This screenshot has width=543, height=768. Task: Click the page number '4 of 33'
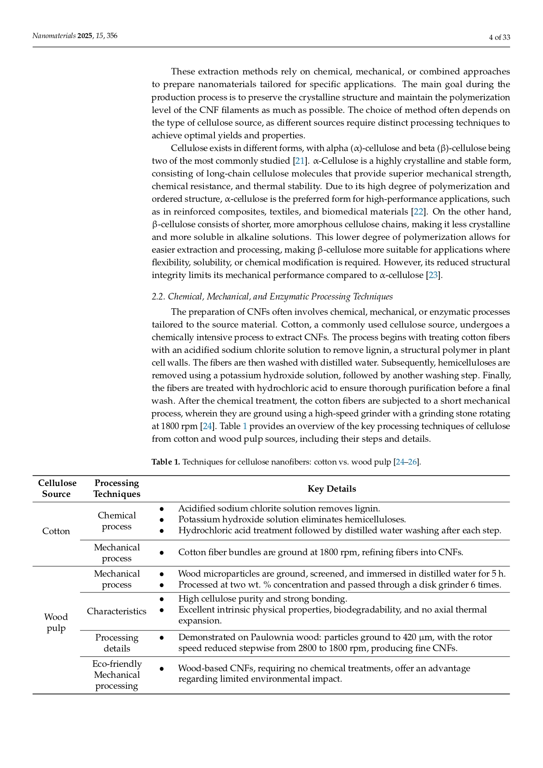point(499,38)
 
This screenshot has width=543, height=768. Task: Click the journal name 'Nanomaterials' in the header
point(54,36)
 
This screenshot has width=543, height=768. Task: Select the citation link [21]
point(300,161)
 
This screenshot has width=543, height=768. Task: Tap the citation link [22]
point(419,211)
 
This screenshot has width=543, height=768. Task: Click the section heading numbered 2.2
point(272,296)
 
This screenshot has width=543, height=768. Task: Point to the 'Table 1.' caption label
point(166,462)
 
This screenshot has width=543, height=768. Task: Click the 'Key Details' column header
point(332,489)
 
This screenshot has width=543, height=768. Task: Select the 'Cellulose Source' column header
point(57,489)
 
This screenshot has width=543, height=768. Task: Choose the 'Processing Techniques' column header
point(117,489)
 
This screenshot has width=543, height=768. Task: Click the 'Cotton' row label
point(56,531)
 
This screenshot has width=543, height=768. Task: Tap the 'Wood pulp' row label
point(56,622)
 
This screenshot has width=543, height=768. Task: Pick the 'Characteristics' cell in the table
point(116,611)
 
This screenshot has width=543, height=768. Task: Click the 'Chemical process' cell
point(117,521)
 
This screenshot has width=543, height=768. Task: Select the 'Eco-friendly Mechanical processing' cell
point(117,675)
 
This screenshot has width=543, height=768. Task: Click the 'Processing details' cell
point(117,643)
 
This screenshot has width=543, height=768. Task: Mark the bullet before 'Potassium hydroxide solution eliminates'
point(161,520)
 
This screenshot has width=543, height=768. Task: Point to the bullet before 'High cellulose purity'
point(161,599)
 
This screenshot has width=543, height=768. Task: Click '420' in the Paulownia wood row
point(409,637)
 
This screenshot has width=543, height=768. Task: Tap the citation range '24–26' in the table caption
point(406,462)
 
